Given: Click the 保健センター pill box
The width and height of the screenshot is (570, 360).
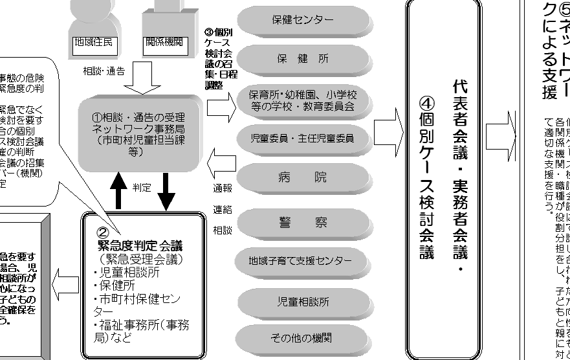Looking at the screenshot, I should coord(303,20).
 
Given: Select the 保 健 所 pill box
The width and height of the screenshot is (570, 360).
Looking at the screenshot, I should coord(303,58).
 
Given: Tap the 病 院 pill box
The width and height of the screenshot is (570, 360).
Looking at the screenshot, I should coord(303,177).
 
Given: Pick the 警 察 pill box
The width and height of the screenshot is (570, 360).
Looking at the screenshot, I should coord(303,222).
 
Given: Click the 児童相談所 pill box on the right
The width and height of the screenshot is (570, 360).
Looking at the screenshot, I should coord(303,302).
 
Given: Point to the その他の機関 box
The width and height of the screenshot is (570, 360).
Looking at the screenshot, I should coord(303,338).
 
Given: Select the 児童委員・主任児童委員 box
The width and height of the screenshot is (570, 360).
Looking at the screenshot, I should coord(303,137).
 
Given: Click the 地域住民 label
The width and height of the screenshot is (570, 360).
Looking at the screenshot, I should coord(94,43).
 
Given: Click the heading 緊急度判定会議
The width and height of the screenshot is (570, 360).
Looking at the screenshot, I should coord(140,245).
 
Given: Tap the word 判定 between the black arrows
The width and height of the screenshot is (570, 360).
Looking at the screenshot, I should coord(142,188).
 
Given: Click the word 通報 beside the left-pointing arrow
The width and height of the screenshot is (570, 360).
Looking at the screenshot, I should coord(223,189).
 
